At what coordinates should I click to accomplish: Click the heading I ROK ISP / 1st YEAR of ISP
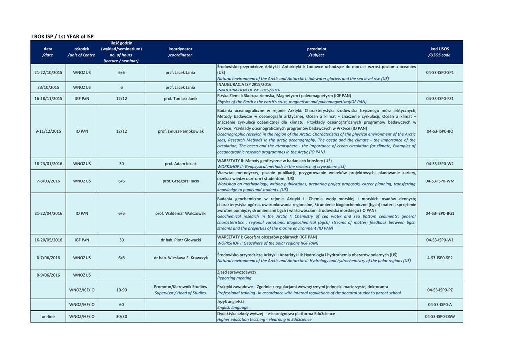pyautogui.click(x=62, y=36)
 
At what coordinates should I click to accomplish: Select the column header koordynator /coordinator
pyautogui.click(x=180, y=52)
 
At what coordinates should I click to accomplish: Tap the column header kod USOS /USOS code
pyautogui.click(x=439, y=52)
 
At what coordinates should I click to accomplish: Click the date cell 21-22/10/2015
pyautogui.click(x=48, y=73)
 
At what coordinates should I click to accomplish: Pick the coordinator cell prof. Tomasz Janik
pyautogui.click(x=180, y=99)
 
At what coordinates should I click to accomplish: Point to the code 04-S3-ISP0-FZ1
pyautogui.click(x=440, y=99)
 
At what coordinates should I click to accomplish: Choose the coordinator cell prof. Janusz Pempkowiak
pyautogui.click(x=180, y=131)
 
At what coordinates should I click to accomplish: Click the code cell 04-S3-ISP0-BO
pyautogui.click(x=440, y=131)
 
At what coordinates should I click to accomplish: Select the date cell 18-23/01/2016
pyautogui.click(x=48, y=164)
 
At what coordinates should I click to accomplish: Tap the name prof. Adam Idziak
pyautogui.click(x=180, y=164)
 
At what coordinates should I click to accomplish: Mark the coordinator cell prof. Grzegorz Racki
pyautogui.click(x=180, y=181)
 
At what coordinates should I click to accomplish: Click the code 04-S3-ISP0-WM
pyautogui.click(x=440, y=181)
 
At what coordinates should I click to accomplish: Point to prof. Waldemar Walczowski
pyautogui.click(x=180, y=213)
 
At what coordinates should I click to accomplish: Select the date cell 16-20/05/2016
pyautogui.click(x=48, y=240)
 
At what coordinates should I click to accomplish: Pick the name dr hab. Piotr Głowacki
pyautogui.click(x=180, y=240)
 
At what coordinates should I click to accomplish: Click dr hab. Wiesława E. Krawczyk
pyautogui.click(x=180, y=258)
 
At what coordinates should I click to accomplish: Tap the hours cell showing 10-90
pyautogui.click(x=121, y=290)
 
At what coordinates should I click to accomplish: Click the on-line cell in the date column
pyautogui.click(x=48, y=316)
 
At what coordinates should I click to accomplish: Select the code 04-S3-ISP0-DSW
pyautogui.click(x=440, y=316)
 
